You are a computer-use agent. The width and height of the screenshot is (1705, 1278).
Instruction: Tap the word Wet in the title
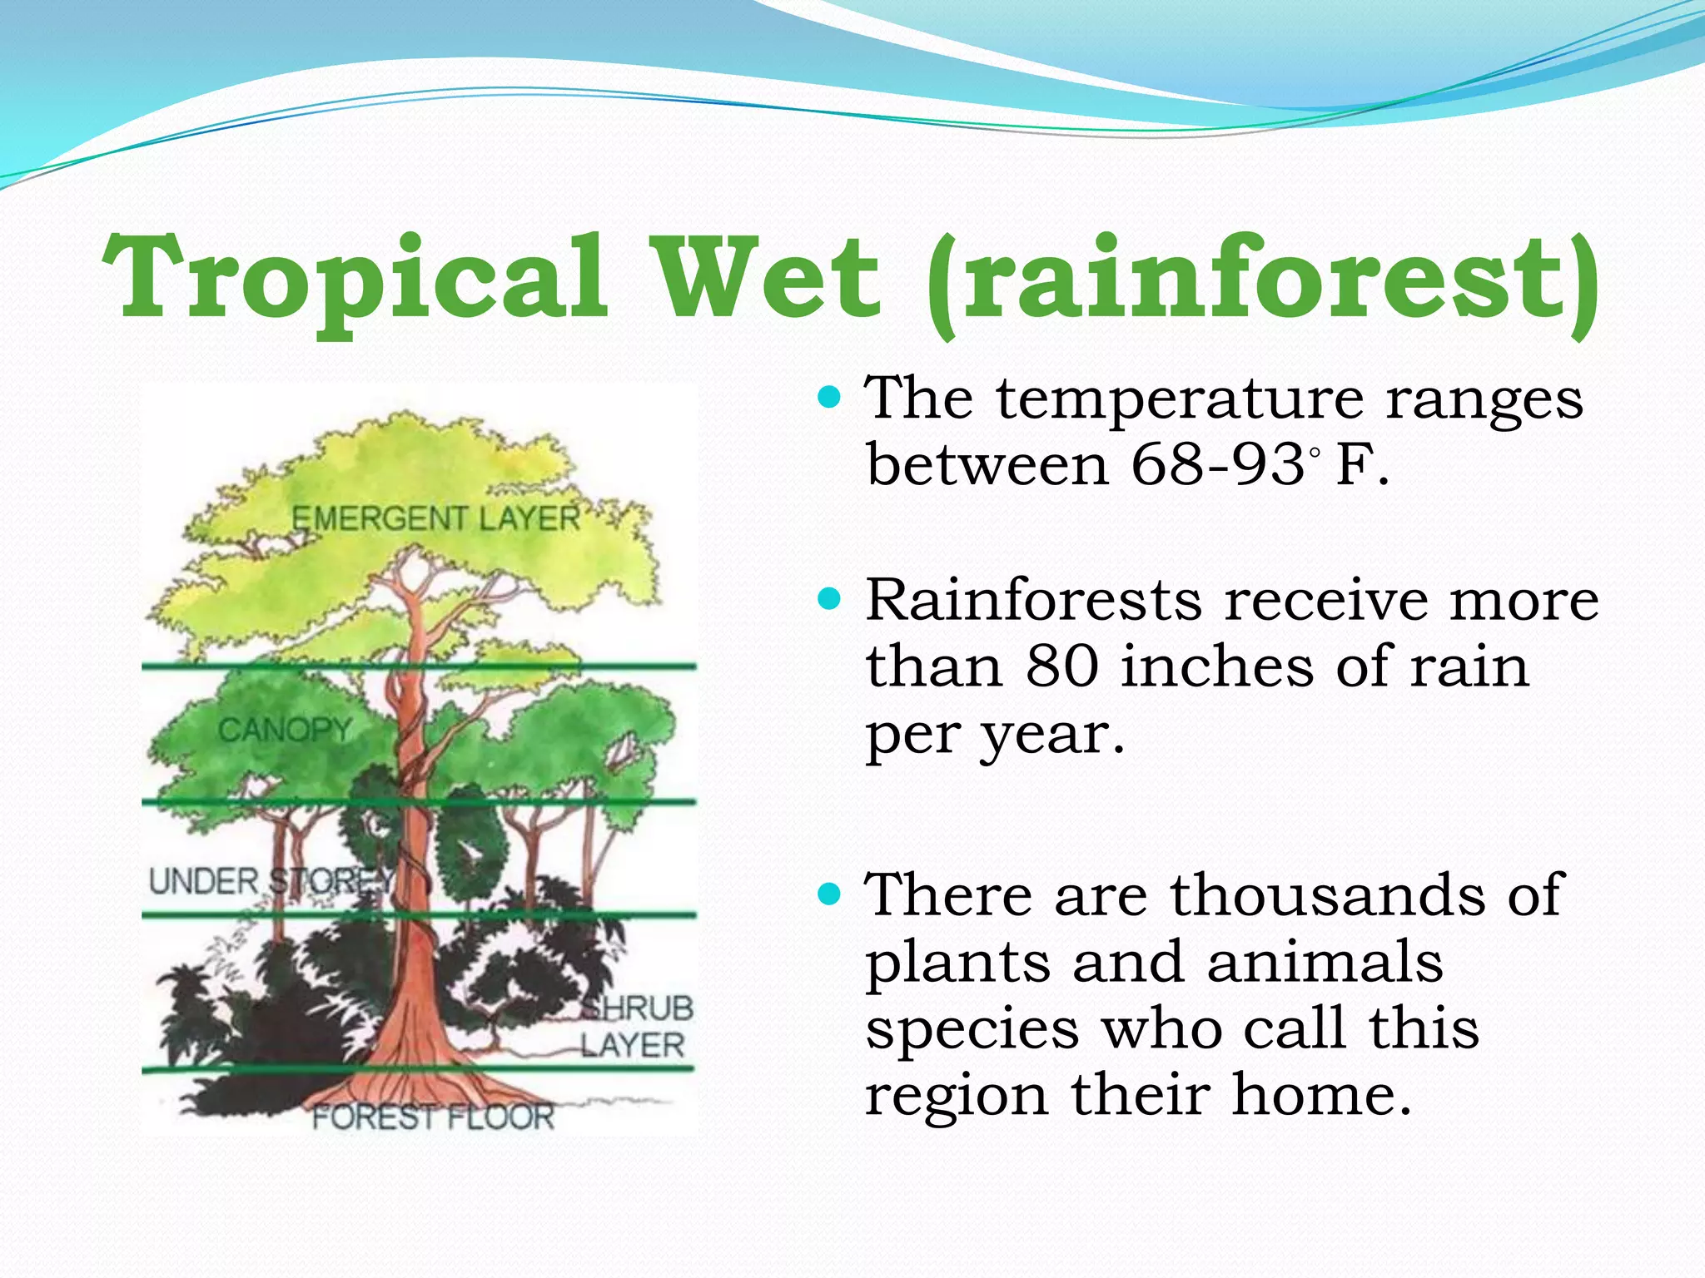click(767, 279)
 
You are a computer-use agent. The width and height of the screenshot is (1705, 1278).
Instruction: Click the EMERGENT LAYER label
click(435, 518)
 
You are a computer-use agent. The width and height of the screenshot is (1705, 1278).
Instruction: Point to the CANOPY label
click(285, 730)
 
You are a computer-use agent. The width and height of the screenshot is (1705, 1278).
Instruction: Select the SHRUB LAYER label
click(636, 1027)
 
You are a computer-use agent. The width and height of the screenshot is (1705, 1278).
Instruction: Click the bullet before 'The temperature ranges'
click(830, 397)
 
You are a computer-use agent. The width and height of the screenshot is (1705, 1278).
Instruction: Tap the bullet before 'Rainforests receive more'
click(830, 598)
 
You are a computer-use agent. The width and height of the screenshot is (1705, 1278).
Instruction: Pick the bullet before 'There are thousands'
click(830, 894)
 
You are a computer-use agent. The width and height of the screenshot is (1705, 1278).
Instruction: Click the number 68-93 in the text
click(1217, 464)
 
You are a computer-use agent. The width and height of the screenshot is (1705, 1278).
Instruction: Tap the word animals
click(1325, 963)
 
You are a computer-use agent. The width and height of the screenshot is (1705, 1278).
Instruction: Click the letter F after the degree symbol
click(1353, 464)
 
